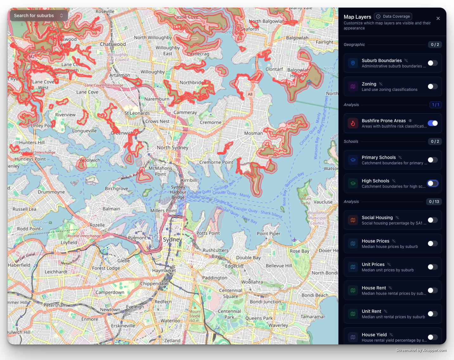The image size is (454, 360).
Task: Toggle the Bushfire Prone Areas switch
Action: tap(432, 123)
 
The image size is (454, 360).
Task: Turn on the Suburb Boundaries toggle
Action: tap(432, 63)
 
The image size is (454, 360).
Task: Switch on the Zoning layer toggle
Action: tap(432, 86)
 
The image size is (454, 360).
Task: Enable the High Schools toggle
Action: tap(432, 183)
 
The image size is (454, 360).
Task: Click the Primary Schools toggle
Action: tap(432, 160)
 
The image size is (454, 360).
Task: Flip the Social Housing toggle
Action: tap(432, 220)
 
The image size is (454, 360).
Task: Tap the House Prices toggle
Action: tap(432, 243)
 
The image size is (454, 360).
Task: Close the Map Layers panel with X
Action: tap(438, 18)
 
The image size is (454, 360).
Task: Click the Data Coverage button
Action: tap(393, 16)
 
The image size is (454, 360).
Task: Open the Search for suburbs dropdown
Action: tap(39, 16)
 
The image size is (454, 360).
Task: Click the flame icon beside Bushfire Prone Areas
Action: tap(353, 123)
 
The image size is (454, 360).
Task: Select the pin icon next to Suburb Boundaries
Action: tap(353, 63)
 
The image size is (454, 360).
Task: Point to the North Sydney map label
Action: tap(173, 148)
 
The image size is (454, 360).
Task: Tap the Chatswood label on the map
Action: tap(113, 44)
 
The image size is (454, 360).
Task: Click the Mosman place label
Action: tap(253, 133)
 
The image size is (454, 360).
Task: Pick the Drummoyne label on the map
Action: tap(51, 192)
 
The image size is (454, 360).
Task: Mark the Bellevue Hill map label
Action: tap(279, 266)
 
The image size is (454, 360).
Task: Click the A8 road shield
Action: tap(250, 94)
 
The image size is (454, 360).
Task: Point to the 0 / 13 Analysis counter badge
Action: tap(434, 202)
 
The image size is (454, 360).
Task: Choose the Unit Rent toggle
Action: tap(432, 314)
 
